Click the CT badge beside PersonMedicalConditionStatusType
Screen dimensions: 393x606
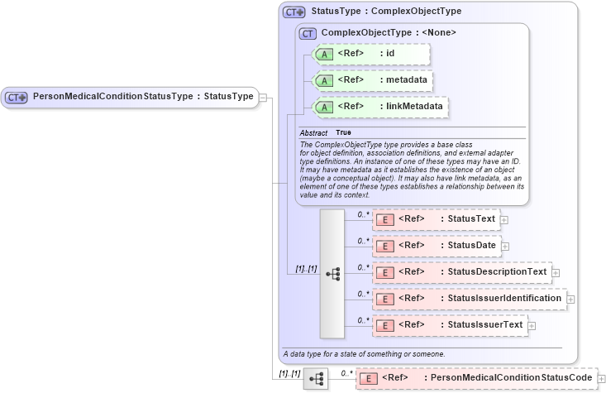pyautogui.click(x=17, y=97)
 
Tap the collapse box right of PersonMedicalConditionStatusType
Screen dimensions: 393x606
pyautogui.click(x=262, y=97)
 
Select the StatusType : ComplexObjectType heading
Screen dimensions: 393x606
pyautogui.click(x=385, y=12)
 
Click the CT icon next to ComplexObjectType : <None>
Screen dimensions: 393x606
pyautogui.click(x=308, y=33)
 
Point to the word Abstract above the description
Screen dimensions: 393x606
pyautogui.click(x=313, y=132)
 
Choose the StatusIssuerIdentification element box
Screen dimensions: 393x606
pyautogui.click(x=469, y=298)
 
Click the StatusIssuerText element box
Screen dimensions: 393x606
pyautogui.click(x=450, y=325)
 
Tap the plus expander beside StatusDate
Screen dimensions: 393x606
pyautogui.click(x=504, y=246)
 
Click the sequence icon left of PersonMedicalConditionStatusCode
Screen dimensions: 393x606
pyautogui.click(x=316, y=379)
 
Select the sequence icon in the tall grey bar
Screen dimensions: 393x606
pyautogui.click(x=332, y=273)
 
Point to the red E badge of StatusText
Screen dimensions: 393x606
pyautogui.click(x=384, y=219)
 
